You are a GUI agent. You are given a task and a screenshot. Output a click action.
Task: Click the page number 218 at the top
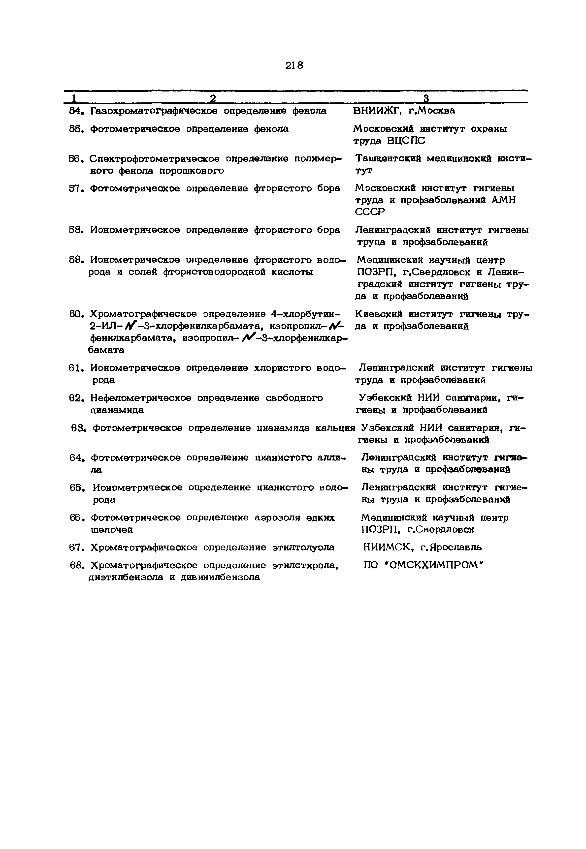(x=294, y=66)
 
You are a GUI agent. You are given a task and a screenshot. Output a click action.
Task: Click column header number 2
(x=213, y=98)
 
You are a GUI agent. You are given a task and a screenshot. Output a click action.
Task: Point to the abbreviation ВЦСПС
(x=406, y=141)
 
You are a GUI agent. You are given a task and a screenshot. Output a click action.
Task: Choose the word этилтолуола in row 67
(x=303, y=548)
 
